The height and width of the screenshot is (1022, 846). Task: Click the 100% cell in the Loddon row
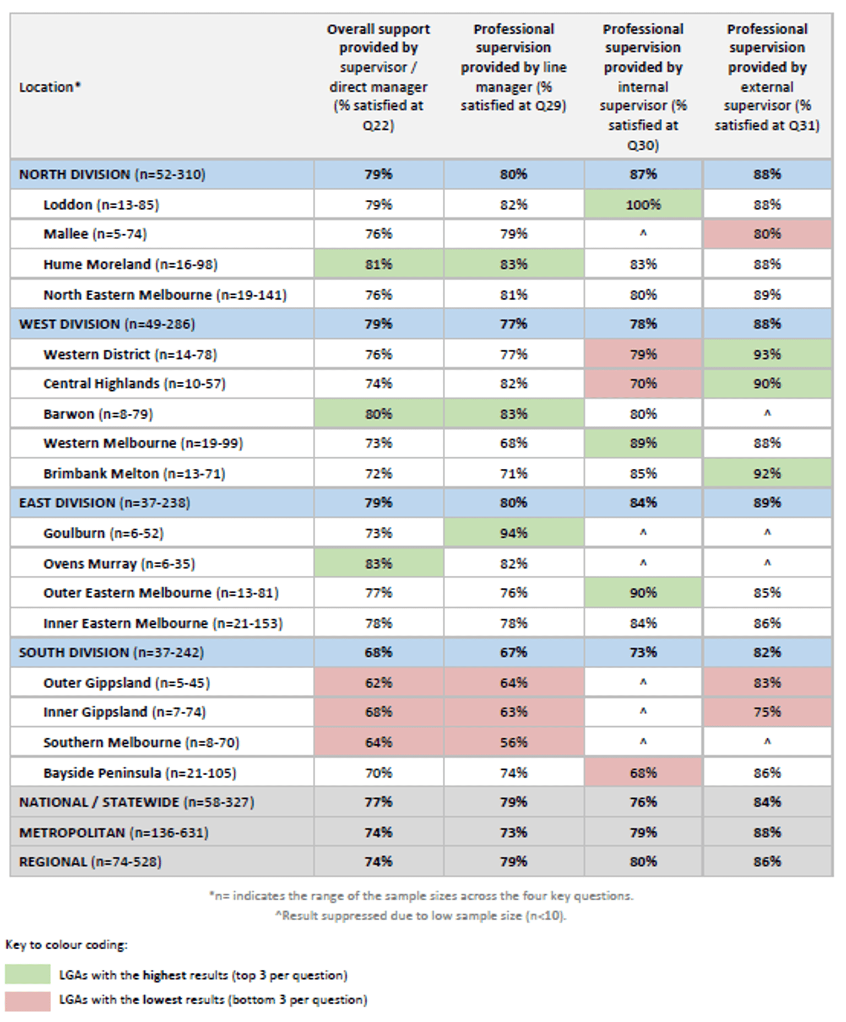pos(643,205)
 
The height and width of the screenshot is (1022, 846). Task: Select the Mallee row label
pos(95,234)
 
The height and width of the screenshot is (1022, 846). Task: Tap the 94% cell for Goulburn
pos(513,533)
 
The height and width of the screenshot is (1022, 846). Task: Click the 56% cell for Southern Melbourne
pos(513,743)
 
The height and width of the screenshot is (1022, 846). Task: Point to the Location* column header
pos(50,87)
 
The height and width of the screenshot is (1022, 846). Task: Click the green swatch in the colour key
pos(28,975)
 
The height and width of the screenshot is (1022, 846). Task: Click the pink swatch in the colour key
pos(28,1000)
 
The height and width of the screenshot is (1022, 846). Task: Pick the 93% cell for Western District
pos(767,354)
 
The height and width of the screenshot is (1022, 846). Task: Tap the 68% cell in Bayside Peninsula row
pos(643,773)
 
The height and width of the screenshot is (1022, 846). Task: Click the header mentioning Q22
pos(378,77)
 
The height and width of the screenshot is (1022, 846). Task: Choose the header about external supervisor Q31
pos(767,77)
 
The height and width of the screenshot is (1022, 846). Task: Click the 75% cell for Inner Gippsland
pos(767,712)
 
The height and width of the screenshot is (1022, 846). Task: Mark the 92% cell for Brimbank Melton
pos(767,474)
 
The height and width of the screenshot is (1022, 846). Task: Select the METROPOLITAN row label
pos(113,832)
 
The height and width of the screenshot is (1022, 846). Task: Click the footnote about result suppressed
pos(421,916)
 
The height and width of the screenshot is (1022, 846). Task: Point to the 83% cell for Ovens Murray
pos(378,564)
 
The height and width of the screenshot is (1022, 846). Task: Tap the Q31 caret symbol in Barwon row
pos(767,414)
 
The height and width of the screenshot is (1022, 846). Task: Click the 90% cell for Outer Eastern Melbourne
pos(643,593)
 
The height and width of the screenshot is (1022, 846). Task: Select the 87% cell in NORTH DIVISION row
pos(643,175)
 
